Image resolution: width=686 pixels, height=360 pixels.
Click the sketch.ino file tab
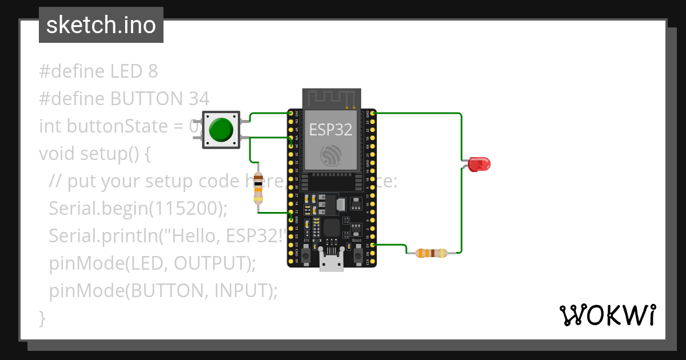(x=101, y=25)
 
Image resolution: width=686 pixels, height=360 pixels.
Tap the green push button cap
(x=221, y=130)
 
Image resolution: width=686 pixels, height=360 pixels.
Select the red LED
(x=478, y=165)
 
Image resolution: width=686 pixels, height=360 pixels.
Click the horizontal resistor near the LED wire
(x=432, y=253)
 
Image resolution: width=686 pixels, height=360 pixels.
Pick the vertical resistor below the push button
(x=258, y=189)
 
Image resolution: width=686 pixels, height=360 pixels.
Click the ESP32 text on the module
(x=332, y=129)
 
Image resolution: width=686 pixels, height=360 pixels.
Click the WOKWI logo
(x=607, y=315)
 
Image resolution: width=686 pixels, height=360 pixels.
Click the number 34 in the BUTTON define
(x=198, y=98)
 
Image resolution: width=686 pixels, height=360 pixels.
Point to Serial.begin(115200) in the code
(x=138, y=208)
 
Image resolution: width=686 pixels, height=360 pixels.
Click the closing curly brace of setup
(x=42, y=318)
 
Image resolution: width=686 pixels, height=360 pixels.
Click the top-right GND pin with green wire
(x=373, y=114)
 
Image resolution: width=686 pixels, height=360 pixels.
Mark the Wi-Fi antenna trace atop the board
(x=332, y=98)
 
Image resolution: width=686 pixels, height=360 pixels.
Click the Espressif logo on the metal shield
(x=332, y=156)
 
